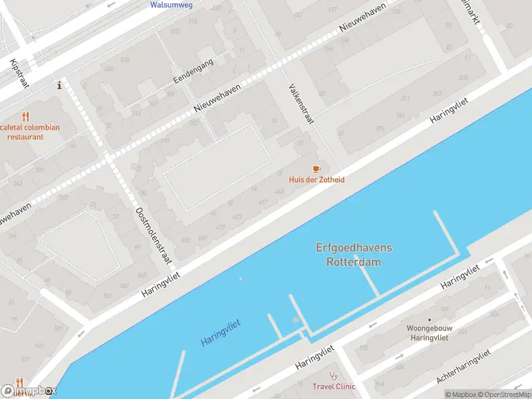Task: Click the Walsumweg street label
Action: tap(172, 5)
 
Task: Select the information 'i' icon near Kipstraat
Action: tap(60, 85)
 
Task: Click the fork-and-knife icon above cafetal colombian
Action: tap(26, 116)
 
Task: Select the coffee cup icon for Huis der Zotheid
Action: tap(317, 169)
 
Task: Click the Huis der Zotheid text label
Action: tap(317, 180)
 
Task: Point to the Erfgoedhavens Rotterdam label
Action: tap(353, 255)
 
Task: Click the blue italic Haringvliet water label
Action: tap(220, 332)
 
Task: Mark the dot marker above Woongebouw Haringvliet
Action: tap(429, 319)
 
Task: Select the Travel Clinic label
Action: tap(334, 386)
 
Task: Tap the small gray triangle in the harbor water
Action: tap(296, 320)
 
